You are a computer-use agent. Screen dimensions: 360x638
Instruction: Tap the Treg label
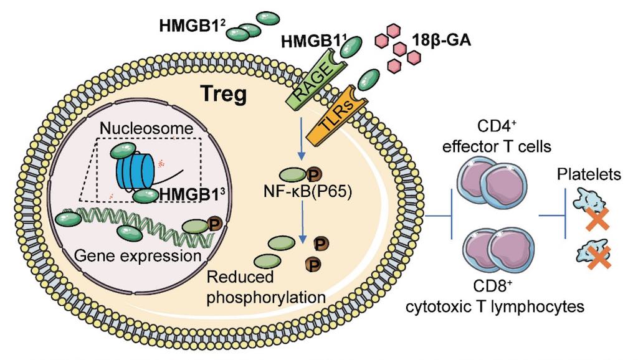[x=223, y=95]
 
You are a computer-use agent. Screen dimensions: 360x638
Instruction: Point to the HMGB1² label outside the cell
[x=186, y=25]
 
